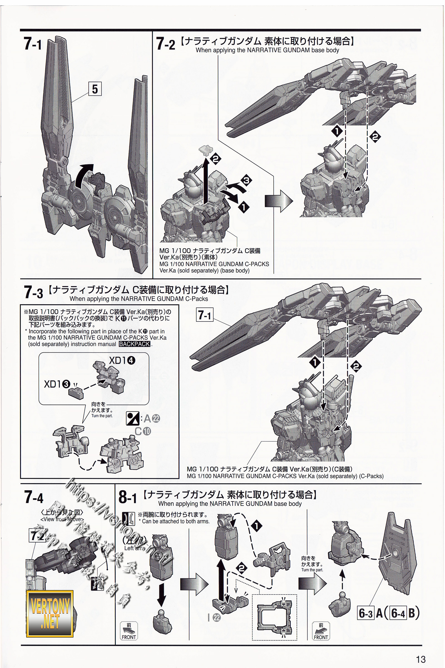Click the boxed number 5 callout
(95, 89)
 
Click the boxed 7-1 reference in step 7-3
(205, 315)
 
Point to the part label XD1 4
(122, 360)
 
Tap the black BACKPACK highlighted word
(135, 344)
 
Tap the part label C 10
(143, 431)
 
